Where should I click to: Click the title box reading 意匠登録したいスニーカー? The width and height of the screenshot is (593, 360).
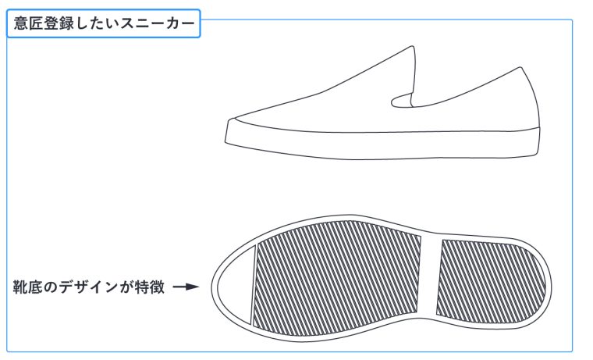point(103,23)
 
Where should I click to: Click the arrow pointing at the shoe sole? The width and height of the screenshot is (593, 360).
point(186,287)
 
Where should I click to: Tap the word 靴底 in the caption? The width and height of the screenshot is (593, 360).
point(27,287)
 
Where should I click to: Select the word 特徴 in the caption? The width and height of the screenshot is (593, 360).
point(150,287)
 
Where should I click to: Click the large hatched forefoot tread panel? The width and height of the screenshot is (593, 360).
point(336,278)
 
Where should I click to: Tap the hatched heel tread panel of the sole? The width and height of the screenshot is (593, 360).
point(492,281)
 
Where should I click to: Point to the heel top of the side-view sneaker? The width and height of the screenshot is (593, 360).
point(520,69)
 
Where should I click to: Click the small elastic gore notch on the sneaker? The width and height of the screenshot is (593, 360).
point(402,100)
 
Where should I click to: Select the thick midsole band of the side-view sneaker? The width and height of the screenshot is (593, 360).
point(382,143)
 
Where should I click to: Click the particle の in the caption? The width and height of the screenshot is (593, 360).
point(50,287)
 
